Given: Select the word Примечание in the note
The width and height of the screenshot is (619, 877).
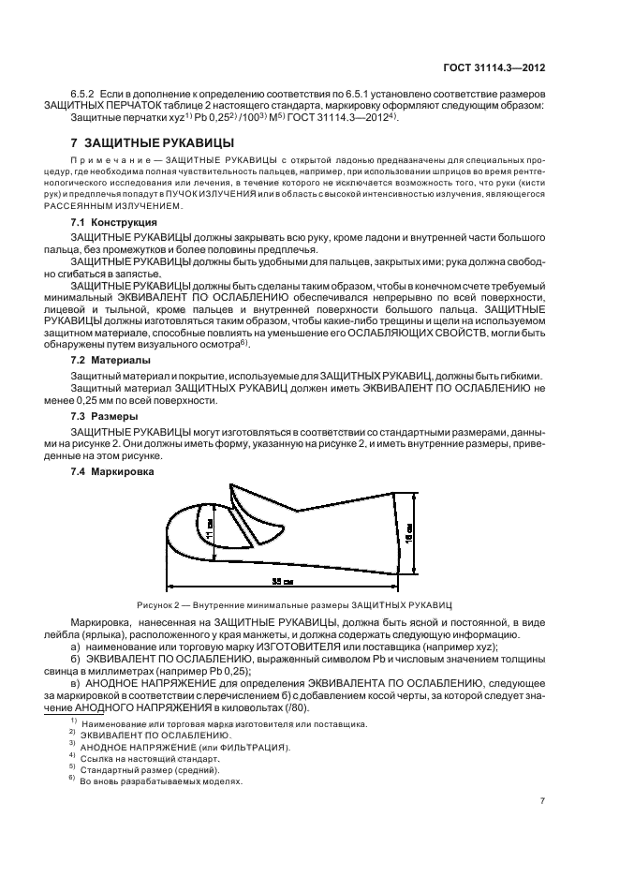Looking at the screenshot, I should tap(100, 162).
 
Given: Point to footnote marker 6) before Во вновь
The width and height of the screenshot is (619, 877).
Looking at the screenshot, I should tap(72, 779).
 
